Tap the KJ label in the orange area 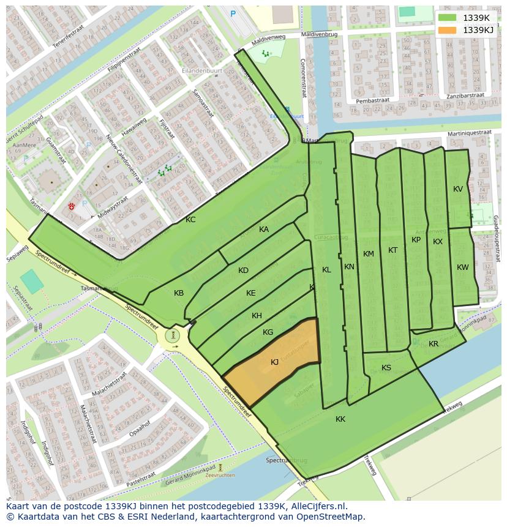[x=274, y=362]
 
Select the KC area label [x=190, y=219]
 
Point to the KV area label [x=458, y=189]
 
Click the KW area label [x=462, y=267]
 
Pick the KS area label [x=386, y=368]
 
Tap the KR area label [x=434, y=344]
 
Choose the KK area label [x=340, y=419]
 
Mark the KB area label [x=179, y=293]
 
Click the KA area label [x=264, y=230]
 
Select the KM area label [x=368, y=254]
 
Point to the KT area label [x=392, y=250]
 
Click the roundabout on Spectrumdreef [x=174, y=335]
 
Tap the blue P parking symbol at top [x=233, y=13]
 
